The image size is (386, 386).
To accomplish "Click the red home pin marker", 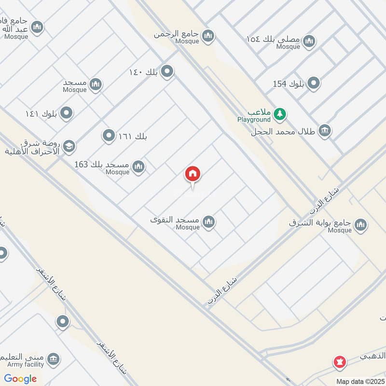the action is [193, 174].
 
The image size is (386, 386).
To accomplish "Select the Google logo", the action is [20, 379].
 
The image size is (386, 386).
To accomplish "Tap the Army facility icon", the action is [54, 358].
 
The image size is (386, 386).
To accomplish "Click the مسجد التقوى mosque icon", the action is [208, 222].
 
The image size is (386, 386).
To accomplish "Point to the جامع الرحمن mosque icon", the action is [208, 36].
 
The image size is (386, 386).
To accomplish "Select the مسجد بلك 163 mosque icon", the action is [138, 167].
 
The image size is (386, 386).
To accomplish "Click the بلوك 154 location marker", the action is [314, 84].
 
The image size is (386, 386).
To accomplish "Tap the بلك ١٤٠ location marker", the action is [167, 72].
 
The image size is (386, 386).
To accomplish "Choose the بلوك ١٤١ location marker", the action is [67, 113].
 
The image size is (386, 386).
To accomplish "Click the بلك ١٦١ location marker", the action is [109, 136].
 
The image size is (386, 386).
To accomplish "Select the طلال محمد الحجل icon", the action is [325, 131].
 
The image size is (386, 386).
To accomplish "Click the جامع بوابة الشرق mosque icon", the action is [360, 224].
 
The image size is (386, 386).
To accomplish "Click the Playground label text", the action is [254, 119].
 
